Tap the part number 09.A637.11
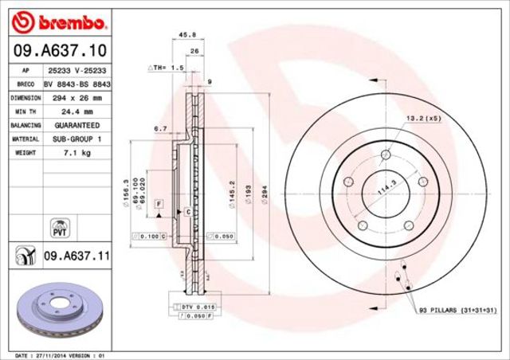click(x=76, y=256)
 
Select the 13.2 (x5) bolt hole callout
click(x=424, y=118)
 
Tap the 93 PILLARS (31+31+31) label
click(x=457, y=309)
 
